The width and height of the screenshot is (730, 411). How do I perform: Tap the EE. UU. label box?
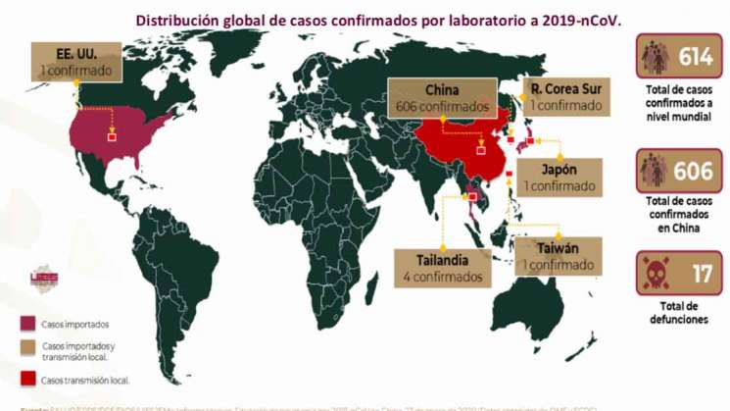click(76, 62)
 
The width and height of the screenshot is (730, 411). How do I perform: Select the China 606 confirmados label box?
click(442, 96)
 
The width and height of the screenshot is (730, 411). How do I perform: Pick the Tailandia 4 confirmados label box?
click(441, 268)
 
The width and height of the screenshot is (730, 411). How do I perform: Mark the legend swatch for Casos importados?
click(28, 324)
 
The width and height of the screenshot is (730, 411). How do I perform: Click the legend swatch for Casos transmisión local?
click(28, 379)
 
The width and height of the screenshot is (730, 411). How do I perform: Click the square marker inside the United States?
click(111, 138)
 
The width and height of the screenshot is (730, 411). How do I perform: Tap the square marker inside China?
click(480, 150)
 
